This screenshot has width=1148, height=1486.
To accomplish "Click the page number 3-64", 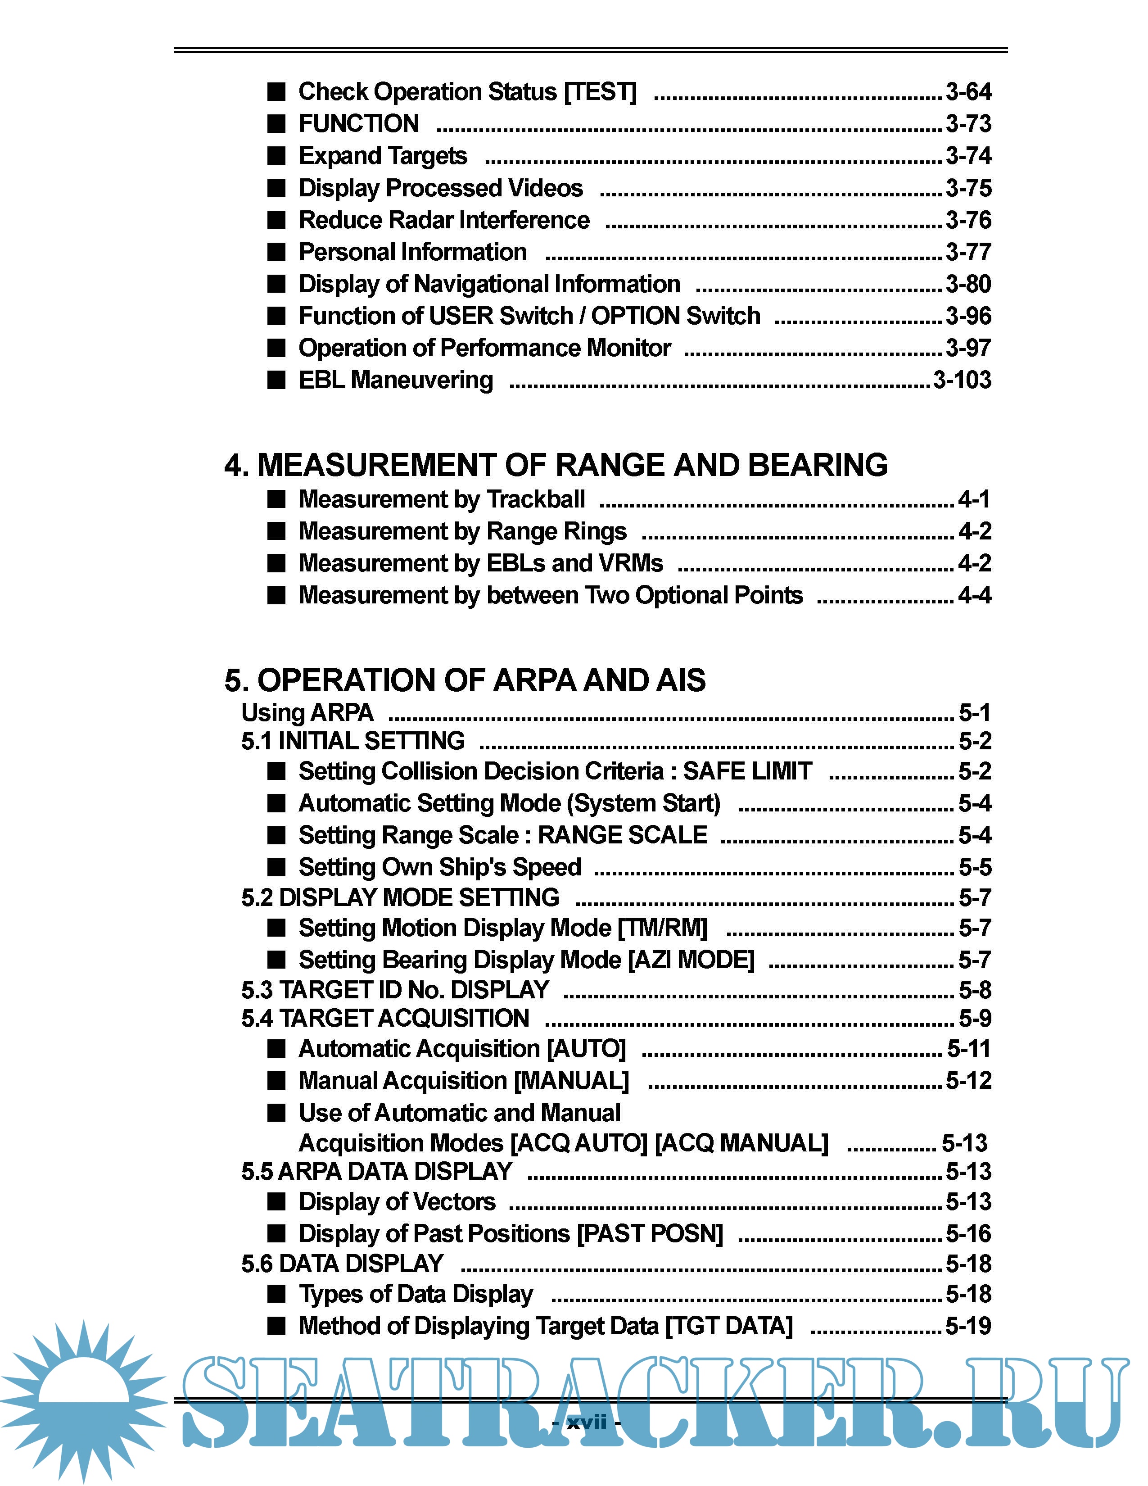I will pos(968,92).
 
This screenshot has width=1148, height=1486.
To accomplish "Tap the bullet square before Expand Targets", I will pos(276,156).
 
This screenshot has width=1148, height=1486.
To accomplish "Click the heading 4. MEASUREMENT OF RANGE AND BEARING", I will pos(556,466).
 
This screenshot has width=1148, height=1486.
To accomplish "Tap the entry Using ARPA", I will pos(307,712).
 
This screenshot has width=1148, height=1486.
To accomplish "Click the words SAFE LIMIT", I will pos(747,771).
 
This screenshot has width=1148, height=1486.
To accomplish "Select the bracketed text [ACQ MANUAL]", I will pos(741,1143).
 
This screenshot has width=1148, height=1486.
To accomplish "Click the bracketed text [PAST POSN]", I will pos(650,1233).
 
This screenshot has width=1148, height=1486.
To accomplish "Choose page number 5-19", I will pos(968,1326).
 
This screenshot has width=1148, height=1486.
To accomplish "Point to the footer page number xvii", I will pos(586,1423).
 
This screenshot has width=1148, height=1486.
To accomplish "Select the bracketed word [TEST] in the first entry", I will pos(601,92).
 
